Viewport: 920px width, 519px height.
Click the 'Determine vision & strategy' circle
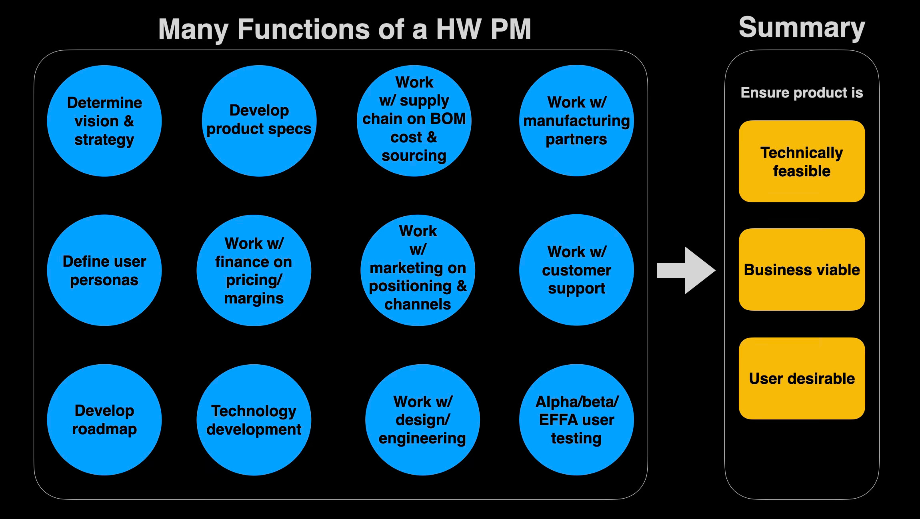coord(104,121)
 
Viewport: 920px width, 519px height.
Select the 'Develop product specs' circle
coord(259,121)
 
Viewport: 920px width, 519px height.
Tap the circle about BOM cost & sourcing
coord(414,120)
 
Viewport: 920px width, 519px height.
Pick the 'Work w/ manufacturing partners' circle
coord(576,120)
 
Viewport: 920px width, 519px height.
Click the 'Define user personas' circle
coord(104,270)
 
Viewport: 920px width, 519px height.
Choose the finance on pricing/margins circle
coord(254,270)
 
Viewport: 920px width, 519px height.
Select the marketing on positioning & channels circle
coord(418,270)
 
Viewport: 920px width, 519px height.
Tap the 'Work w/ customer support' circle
coord(576,270)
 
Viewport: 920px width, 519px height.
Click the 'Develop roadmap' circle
coord(104,419)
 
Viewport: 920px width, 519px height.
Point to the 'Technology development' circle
coord(254,419)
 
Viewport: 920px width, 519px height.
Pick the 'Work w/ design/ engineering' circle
coord(422,419)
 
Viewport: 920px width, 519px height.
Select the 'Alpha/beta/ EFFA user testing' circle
coord(576,419)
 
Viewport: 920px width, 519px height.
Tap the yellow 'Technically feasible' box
coord(802,161)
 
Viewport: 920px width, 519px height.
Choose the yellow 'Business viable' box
coord(802,269)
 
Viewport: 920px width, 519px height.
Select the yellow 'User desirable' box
coord(802,378)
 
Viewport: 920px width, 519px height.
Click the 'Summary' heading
coord(802,28)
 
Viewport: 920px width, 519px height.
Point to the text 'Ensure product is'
coord(802,93)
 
